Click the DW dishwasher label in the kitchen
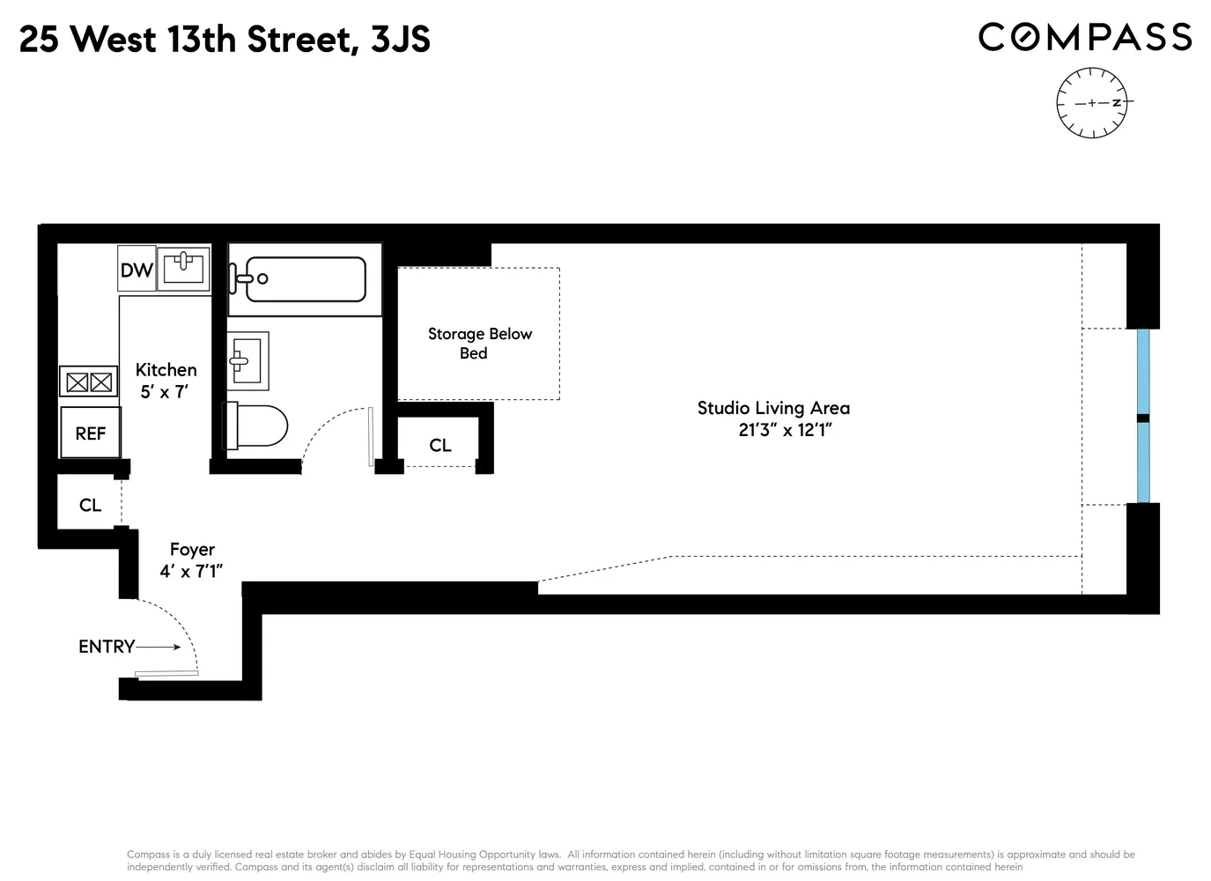(x=137, y=270)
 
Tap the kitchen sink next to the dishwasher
(x=183, y=268)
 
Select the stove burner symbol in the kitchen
(x=89, y=382)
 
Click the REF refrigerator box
(x=90, y=433)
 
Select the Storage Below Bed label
(x=479, y=344)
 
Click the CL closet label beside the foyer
(x=90, y=505)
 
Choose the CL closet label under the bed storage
(x=440, y=446)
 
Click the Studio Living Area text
(x=773, y=408)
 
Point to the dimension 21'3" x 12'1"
(x=786, y=431)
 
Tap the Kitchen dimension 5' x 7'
(x=165, y=392)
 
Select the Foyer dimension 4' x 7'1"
(x=191, y=572)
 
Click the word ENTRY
(x=106, y=647)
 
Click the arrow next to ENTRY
(x=159, y=648)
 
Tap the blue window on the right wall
(x=1142, y=416)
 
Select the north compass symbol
(x=1092, y=103)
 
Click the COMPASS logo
(x=1085, y=37)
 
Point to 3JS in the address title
(x=400, y=40)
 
